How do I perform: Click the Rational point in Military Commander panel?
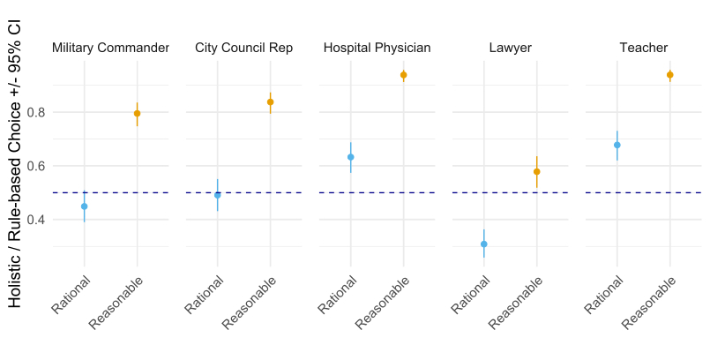[84, 206]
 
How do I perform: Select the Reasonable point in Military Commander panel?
[137, 114]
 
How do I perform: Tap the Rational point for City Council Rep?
[217, 195]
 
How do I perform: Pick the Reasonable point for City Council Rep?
[270, 102]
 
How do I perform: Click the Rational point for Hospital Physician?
[350, 157]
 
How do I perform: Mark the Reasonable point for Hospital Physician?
[403, 75]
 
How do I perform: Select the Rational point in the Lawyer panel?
[483, 244]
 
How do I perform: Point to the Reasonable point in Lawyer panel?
[536, 172]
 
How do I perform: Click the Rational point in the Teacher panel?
[617, 145]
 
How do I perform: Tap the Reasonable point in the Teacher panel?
[669, 75]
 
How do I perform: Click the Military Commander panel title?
[110, 48]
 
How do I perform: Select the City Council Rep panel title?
[243, 48]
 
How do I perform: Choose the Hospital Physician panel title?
[377, 48]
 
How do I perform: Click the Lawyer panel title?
[510, 48]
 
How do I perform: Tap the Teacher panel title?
[643, 48]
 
